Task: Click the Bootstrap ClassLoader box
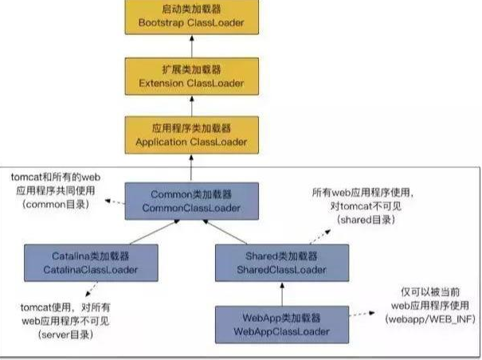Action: click(192, 16)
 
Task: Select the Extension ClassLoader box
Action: click(192, 76)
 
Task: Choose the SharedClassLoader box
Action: click(272, 263)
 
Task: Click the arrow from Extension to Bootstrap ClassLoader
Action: click(192, 45)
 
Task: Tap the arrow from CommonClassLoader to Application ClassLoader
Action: click(192, 167)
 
